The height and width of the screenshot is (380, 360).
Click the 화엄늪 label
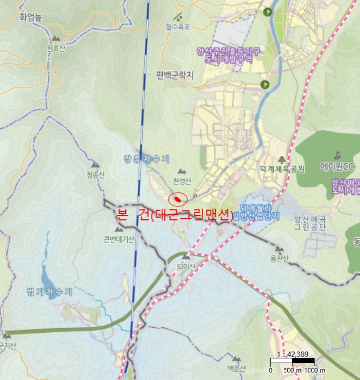coord(30,17)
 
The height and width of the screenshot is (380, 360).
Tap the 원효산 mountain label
coord(56,48)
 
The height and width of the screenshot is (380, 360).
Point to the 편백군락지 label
coord(175,75)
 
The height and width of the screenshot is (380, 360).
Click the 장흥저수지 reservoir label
coord(146,159)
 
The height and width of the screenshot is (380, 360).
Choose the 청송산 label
coord(95,174)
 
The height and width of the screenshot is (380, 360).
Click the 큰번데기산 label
coord(119,238)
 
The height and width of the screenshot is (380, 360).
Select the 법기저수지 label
coord(49,292)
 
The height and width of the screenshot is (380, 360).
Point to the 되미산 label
coord(186,265)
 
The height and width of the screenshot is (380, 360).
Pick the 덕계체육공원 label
coord(282,169)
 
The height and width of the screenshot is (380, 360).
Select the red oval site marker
coord(178,199)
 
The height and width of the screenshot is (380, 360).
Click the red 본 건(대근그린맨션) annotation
coord(175,215)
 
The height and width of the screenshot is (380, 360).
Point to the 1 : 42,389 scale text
coord(292,353)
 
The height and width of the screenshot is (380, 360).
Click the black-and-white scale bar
coord(293,361)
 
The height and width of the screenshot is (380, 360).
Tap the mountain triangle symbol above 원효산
coord(56,39)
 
